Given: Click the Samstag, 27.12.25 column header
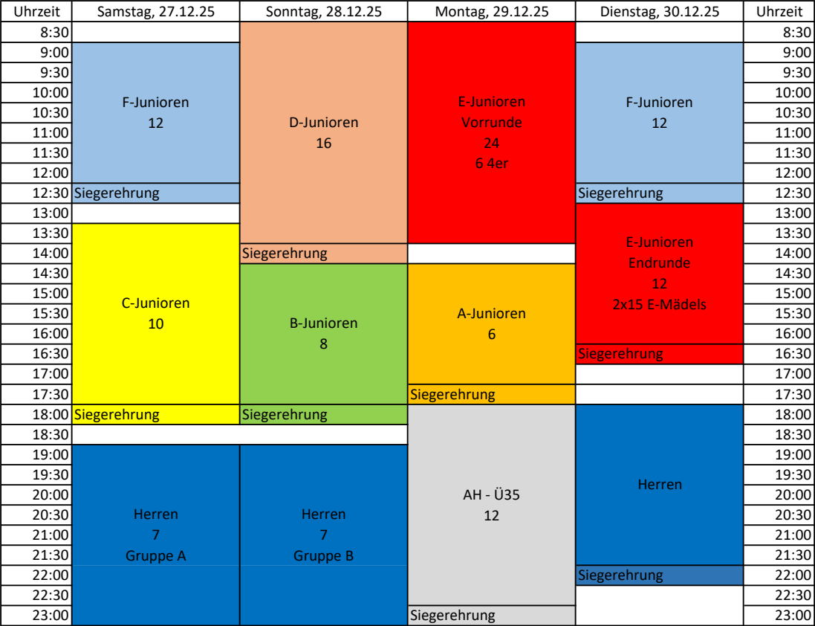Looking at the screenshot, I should (x=155, y=12).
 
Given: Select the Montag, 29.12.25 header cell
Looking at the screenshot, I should (x=492, y=12).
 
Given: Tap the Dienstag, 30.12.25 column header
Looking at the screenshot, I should (x=660, y=12).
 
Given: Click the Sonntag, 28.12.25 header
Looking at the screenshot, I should (x=324, y=12).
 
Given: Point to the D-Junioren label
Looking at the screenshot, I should (x=324, y=123).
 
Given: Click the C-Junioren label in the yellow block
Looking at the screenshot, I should (x=156, y=303).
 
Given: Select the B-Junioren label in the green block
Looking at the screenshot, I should (x=324, y=323).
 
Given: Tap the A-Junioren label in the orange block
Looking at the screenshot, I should (x=491, y=314).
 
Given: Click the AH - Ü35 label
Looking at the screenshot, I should (x=491, y=495).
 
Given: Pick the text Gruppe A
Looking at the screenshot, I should (x=156, y=555).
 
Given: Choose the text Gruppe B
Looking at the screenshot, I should (x=324, y=555).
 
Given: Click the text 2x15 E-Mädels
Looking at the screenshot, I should (x=660, y=303).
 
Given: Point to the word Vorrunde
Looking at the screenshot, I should (x=491, y=123).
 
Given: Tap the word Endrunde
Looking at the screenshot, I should (x=660, y=262).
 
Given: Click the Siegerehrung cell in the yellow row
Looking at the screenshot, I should (x=117, y=415).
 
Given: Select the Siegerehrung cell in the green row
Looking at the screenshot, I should (x=285, y=415).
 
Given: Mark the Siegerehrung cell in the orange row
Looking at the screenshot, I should (x=453, y=395).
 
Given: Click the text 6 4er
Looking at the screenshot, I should (x=491, y=164).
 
